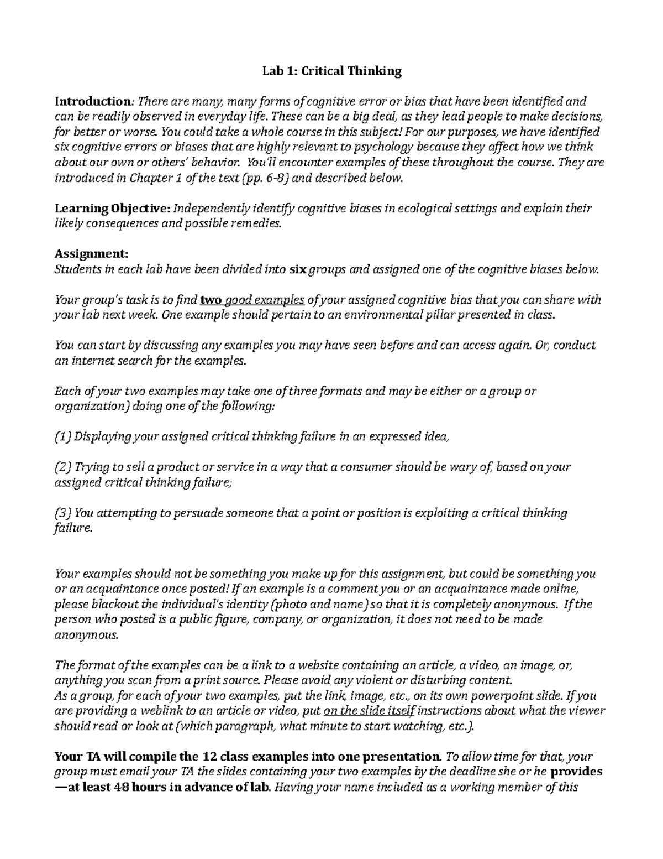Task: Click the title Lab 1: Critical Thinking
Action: [331, 71]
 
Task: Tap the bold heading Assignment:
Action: [91, 253]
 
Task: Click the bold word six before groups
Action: [297, 270]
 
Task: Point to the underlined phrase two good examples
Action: [252, 300]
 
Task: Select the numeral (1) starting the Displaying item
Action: [63, 436]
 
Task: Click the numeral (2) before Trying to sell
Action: [63, 467]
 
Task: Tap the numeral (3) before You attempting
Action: [63, 513]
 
